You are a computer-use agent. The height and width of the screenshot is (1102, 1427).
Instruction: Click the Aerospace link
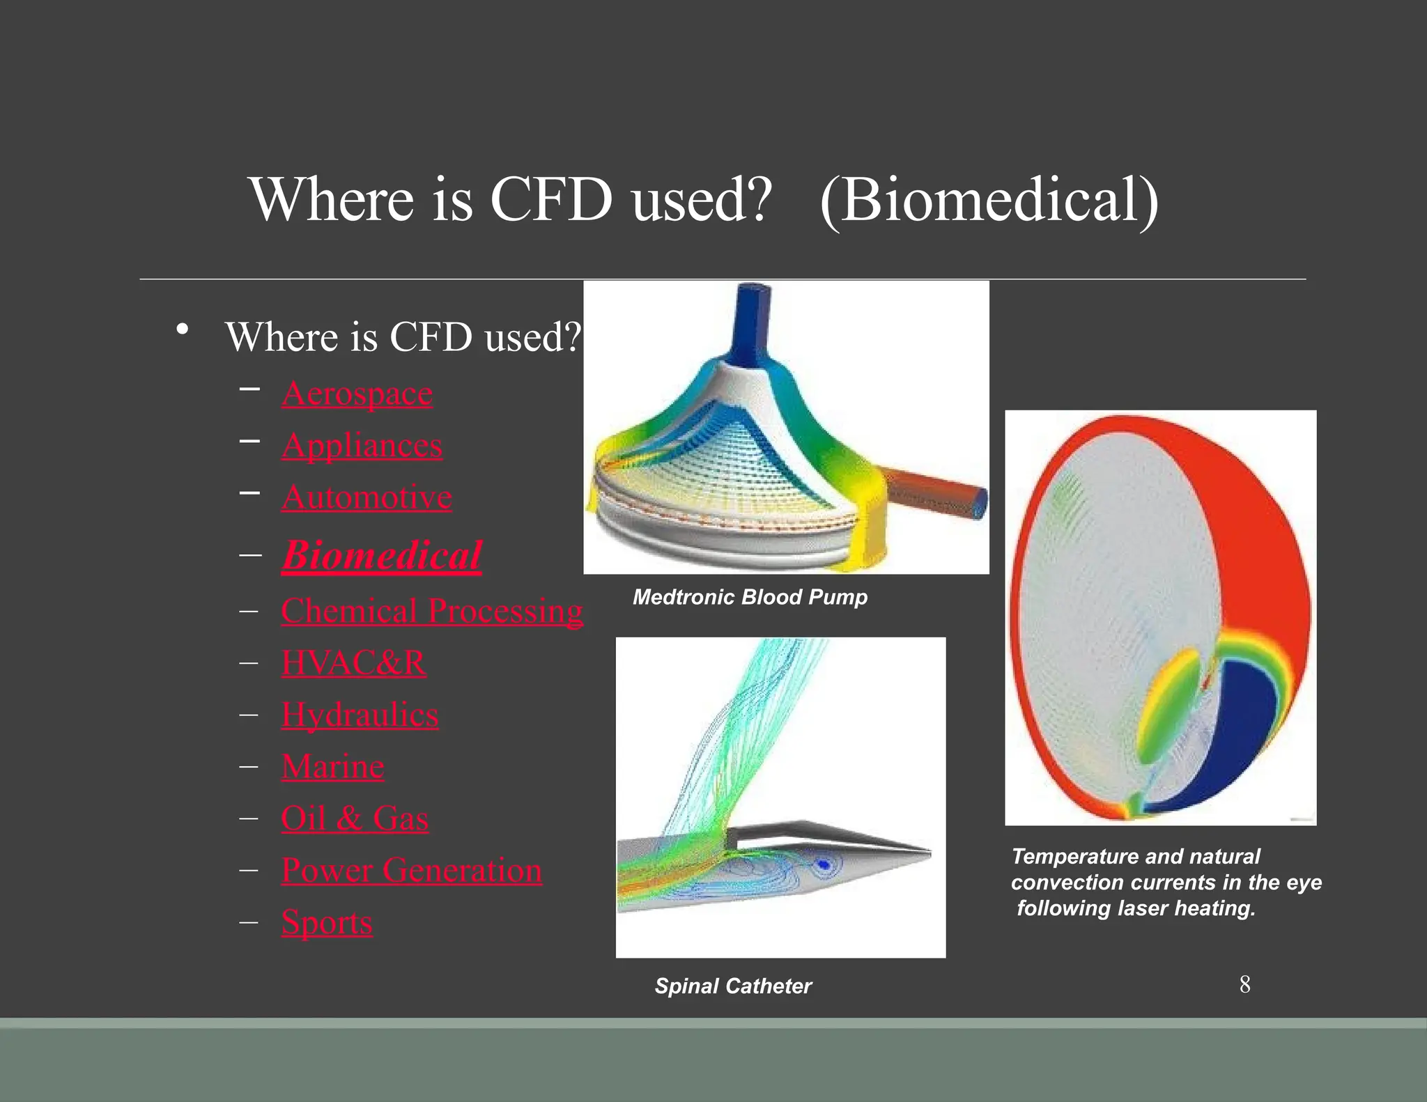(357, 394)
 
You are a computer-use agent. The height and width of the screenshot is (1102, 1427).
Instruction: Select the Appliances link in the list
(362, 446)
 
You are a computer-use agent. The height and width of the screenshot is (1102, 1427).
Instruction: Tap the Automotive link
(367, 497)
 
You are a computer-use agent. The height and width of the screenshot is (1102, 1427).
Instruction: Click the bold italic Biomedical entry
(382, 555)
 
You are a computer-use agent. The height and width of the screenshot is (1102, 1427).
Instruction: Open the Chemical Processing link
(432, 611)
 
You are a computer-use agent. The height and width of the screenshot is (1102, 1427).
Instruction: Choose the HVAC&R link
(353, 662)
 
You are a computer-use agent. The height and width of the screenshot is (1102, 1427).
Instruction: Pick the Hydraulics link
(360, 715)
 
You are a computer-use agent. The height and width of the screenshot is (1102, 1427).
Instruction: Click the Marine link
(332, 766)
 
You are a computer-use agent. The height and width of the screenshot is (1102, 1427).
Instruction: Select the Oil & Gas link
(354, 818)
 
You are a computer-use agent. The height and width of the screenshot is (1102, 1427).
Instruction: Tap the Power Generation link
(411, 870)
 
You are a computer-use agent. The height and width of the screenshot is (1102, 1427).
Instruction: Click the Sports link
(327, 922)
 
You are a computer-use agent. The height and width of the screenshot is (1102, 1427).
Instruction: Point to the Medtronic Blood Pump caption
(750, 597)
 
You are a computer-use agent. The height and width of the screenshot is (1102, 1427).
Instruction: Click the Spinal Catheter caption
(733, 986)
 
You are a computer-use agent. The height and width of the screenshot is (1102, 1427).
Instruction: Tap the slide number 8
(1244, 984)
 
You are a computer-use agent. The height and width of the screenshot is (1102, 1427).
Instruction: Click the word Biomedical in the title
(989, 200)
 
